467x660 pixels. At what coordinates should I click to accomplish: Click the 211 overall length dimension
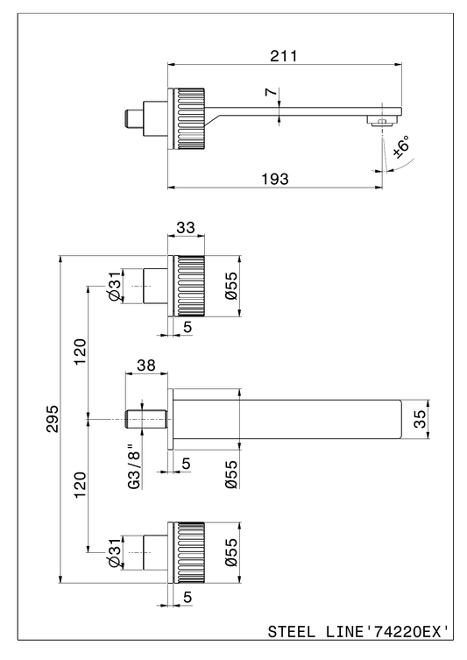283,55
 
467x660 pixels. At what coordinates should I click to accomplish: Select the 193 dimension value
275,180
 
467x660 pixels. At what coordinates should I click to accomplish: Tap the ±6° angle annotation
401,146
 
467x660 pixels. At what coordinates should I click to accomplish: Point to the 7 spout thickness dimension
272,92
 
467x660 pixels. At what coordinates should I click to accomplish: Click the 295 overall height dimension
53,419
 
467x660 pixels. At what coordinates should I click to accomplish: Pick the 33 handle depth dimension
186,227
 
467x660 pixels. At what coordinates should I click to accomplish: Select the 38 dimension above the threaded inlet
146,365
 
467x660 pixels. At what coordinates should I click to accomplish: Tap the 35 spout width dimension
420,419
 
